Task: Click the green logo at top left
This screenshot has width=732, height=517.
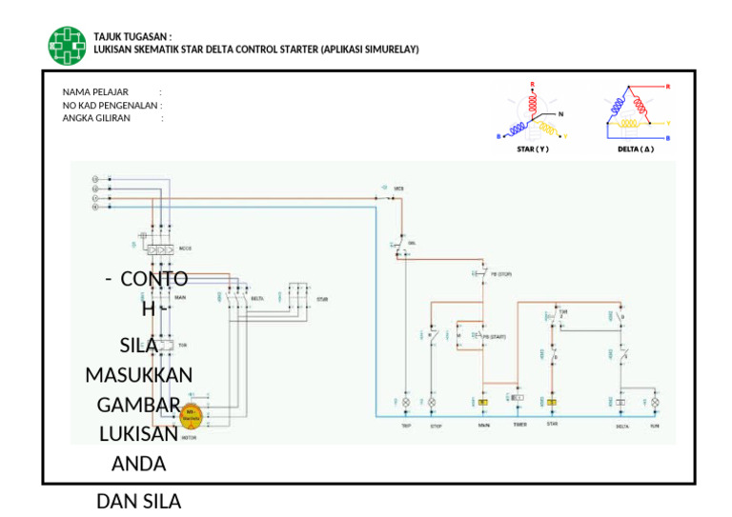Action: coord(67,45)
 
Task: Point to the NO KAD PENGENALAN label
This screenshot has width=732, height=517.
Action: coord(111,106)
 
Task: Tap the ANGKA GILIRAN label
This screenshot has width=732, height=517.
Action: coord(96,118)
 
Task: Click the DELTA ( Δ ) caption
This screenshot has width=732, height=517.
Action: coord(636,149)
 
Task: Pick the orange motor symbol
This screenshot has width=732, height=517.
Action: coord(191,414)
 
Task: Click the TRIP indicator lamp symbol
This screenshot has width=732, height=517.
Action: coord(406,404)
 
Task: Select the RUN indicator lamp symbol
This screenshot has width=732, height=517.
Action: coord(655,404)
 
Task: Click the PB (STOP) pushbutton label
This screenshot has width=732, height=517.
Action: coord(501,274)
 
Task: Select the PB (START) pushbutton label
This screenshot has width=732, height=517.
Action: coord(495,337)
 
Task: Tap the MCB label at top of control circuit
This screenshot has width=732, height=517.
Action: coord(399,189)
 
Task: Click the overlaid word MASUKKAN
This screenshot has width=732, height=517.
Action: coord(139,375)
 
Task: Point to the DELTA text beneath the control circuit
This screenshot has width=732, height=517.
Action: coord(622,427)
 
